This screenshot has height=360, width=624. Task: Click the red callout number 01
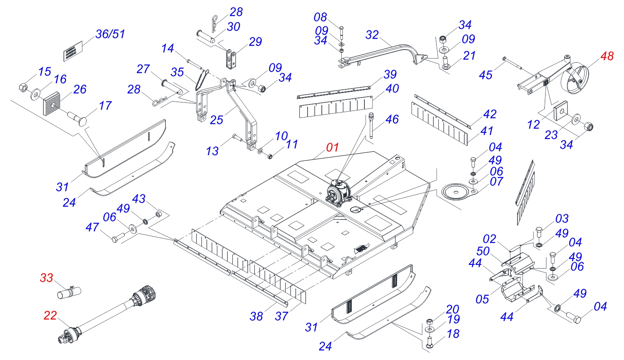(332, 147)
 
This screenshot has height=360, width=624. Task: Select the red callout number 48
(607, 56)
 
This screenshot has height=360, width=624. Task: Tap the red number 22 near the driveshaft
(50, 315)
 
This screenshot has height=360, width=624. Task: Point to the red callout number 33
(46, 278)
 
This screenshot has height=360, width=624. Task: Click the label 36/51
(110, 34)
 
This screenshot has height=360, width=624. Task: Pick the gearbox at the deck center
(338, 192)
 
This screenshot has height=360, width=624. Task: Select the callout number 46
(392, 119)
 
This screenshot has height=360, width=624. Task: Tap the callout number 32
(372, 35)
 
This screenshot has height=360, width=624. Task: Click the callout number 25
(217, 119)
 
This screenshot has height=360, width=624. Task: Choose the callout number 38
(256, 316)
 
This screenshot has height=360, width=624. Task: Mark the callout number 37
(281, 316)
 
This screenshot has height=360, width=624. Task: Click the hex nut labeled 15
(24, 87)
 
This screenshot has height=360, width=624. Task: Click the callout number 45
(485, 75)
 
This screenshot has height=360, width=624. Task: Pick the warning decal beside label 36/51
(73, 51)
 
